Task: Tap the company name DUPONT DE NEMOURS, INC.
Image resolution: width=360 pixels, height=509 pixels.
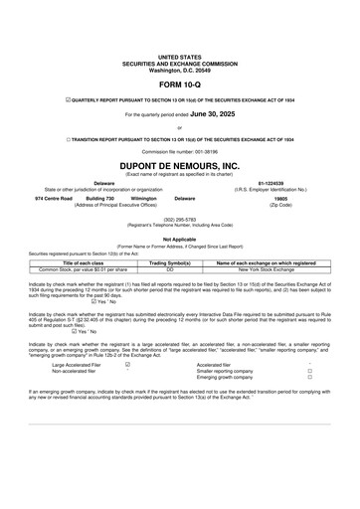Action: coord(179,165)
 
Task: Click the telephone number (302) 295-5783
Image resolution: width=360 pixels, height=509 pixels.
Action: coord(179,218)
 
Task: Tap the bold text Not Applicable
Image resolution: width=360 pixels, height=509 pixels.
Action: coord(179,239)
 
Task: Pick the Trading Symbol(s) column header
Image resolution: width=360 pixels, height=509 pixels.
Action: coord(169,262)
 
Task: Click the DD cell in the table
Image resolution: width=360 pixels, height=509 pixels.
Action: coord(169,269)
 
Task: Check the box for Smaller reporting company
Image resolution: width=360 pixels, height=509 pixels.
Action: coord(309,372)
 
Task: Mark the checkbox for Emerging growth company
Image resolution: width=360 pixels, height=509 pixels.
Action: coord(309,379)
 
